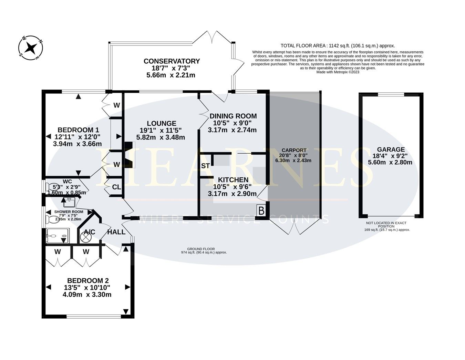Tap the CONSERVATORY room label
(x=172, y=61)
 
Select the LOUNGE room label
(x=161, y=123)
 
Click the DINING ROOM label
(x=233, y=116)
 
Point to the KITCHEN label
(x=233, y=180)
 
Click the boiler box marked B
(x=261, y=211)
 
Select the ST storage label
(x=205, y=166)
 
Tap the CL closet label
(x=116, y=187)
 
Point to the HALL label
(x=116, y=232)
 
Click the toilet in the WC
(x=52, y=187)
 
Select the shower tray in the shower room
(x=58, y=236)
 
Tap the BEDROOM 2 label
(x=85, y=281)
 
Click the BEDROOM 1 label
(x=78, y=130)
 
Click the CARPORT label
(x=294, y=150)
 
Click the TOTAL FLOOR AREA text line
(x=338, y=45)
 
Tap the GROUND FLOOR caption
(x=201, y=249)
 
